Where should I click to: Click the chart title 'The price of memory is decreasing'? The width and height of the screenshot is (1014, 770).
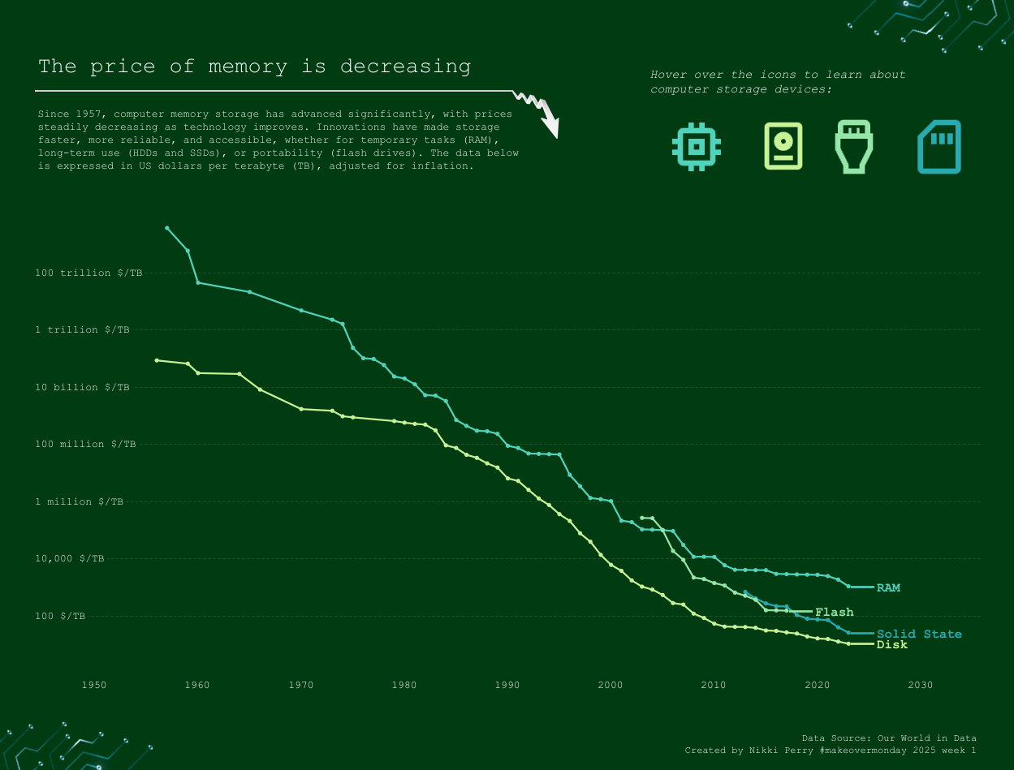point(254,67)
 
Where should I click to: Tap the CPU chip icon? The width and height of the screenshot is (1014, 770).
point(697,147)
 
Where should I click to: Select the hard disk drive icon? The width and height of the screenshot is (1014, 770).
point(783,146)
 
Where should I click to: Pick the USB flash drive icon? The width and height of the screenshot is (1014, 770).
point(854,147)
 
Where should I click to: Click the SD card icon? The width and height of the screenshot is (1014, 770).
point(939,147)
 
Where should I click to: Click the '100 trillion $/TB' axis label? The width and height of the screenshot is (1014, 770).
point(88,273)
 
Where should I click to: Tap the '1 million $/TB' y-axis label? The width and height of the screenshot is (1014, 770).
point(79,502)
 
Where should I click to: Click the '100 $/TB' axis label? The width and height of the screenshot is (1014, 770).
point(60,617)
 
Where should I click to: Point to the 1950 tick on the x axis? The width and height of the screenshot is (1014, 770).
point(94,686)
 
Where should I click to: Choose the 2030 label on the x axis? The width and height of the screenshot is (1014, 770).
point(921,686)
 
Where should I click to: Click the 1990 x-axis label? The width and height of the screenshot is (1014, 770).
point(507,686)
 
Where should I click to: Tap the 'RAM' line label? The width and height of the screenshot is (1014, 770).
point(888,587)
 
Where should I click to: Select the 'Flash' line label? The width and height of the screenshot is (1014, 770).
point(835,613)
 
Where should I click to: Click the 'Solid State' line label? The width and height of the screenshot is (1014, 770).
point(919,634)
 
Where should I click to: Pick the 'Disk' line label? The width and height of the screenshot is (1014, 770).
point(892,645)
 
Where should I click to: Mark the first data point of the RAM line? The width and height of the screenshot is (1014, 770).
point(167,228)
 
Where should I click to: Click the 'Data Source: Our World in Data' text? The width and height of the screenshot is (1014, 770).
point(889,738)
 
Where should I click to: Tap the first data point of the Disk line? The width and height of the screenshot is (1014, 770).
point(157,360)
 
